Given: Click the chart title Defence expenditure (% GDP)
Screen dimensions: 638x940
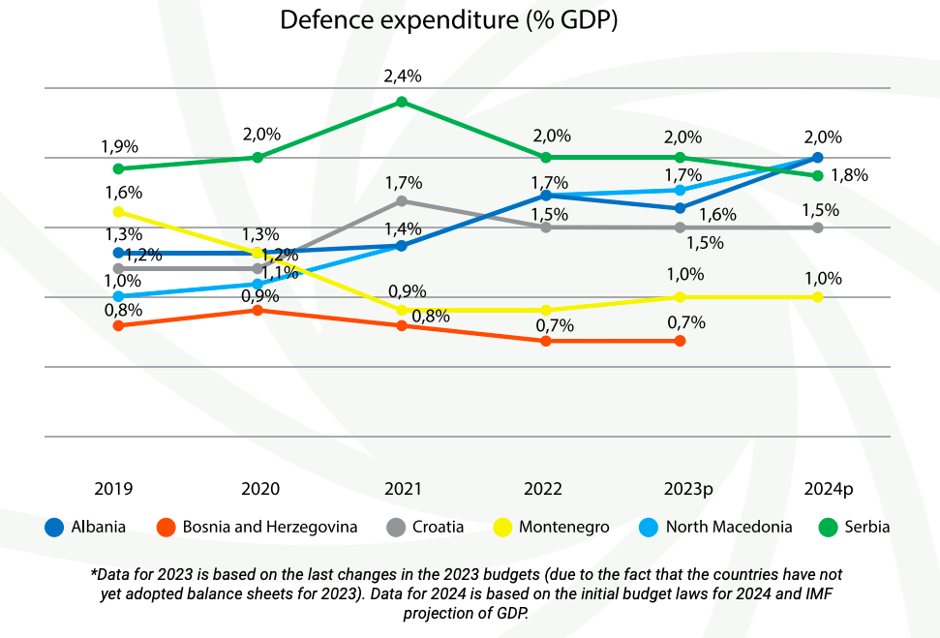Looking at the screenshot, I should (448, 20).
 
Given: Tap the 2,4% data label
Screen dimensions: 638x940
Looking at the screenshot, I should (402, 76).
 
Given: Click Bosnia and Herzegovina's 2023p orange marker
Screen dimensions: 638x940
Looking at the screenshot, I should (680, 341).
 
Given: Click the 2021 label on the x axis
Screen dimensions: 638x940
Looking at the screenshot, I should (402, 489).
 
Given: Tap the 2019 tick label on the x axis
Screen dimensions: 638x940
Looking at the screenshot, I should (114, 489).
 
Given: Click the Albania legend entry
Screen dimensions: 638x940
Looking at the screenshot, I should (86, 527).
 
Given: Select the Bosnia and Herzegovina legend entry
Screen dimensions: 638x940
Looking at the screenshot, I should (257, 527).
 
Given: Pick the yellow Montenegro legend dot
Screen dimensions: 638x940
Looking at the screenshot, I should (502, 527).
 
